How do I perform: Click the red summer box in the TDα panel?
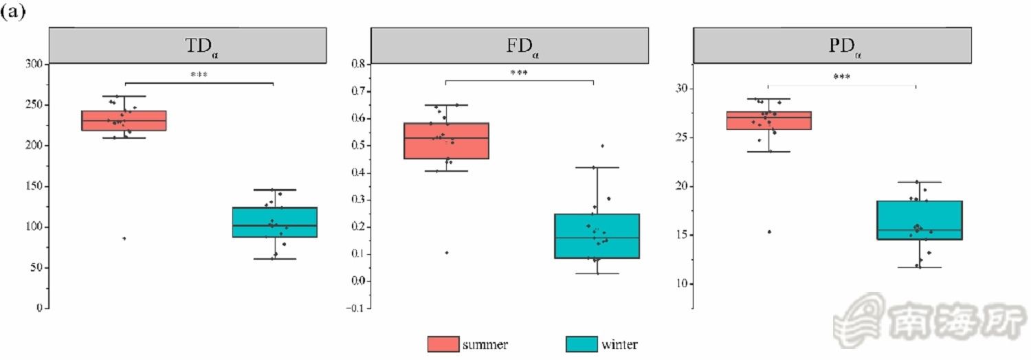[124, 121]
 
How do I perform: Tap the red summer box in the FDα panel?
[446, 141]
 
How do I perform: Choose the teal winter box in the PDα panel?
[919, 220]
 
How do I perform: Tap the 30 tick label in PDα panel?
[680, 89]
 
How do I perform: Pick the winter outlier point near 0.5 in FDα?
[603, 146]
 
